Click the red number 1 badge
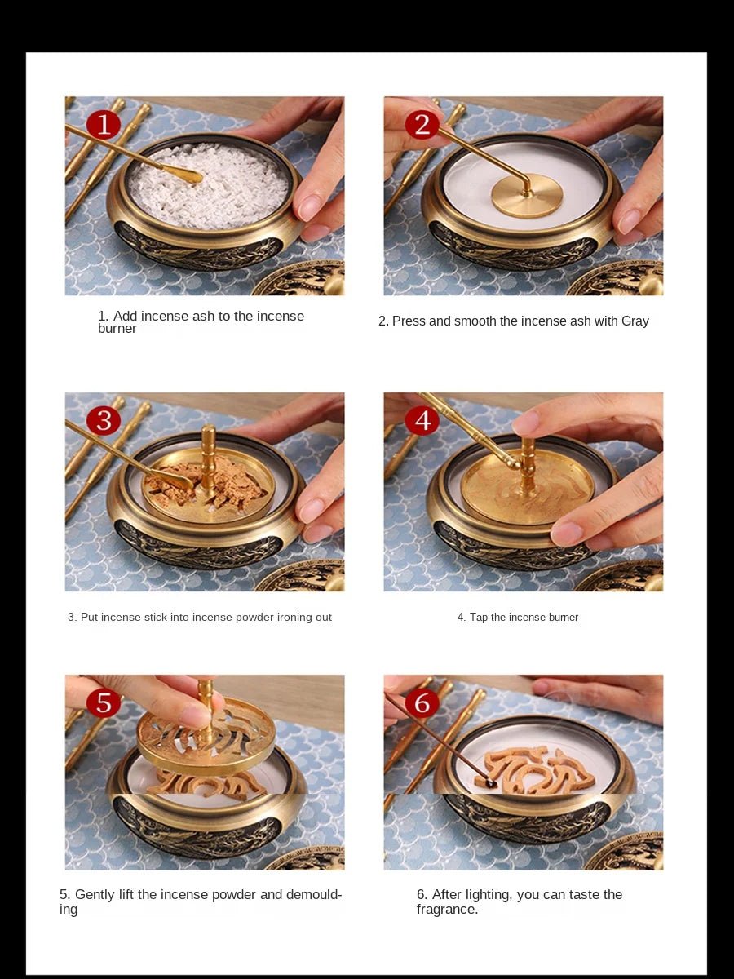(x=103, y=125)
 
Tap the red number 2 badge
(x=422, y=125)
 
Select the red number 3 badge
(x=103, y=420)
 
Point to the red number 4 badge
(x=422, y=420)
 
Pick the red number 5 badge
(x=103, y=702)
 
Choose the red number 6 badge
(x=422, y=702)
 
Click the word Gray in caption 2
(x=635, y=321)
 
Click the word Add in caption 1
(x=125, y=317)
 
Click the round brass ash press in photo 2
(x=526, y=199)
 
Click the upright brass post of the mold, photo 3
(x=209, y=457)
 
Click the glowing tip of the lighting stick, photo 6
(x=491, y=784)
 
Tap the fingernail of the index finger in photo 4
(x=525, y=423)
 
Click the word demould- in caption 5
(x=313, y=895)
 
